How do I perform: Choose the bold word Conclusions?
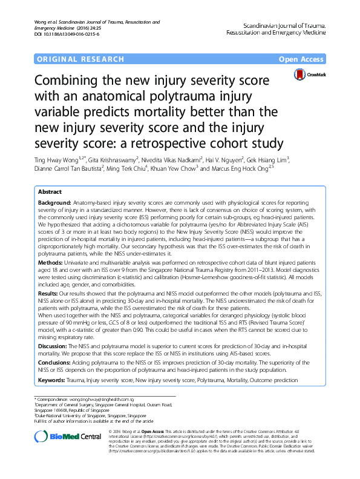point(56,370)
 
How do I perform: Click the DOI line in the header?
point(57,34)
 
